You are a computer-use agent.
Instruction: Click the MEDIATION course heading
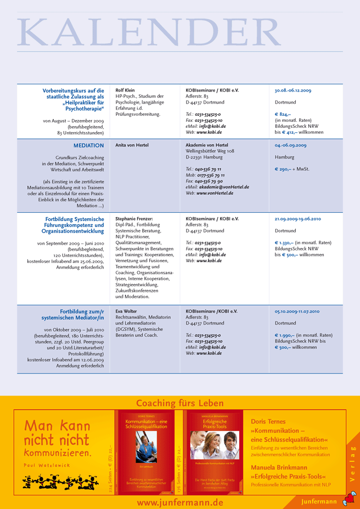88,145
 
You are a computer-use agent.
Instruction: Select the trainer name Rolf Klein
125,90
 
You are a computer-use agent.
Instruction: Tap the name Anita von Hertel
132,145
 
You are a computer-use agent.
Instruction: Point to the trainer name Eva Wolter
127,311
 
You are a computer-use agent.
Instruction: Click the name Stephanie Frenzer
134,219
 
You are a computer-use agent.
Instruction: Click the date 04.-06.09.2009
290,145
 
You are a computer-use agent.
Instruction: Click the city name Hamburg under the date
285,157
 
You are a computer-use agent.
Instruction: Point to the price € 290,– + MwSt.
292,169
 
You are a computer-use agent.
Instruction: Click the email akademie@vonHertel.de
224,187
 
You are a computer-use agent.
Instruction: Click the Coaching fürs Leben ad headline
180,403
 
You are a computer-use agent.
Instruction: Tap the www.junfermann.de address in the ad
180,502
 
